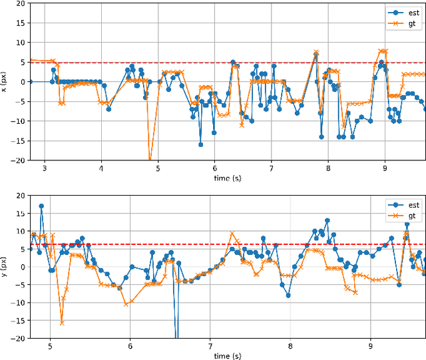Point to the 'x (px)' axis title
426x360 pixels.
tap(5, 81)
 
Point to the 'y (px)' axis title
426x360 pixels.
tap(5, 267)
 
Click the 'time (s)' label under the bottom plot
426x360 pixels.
tap(228, 356)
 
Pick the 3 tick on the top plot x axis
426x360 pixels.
tap(45, 169)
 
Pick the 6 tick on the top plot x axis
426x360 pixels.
tap(214, 169)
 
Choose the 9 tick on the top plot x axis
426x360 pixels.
tap(385, 169)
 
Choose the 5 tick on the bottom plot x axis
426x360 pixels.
tap(50, 346)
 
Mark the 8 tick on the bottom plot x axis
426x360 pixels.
tap(290, 346)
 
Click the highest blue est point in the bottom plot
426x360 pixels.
tap(41, 206)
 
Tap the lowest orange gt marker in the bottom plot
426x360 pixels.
tap(62, 323)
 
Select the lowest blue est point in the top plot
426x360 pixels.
tap(200, 144)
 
